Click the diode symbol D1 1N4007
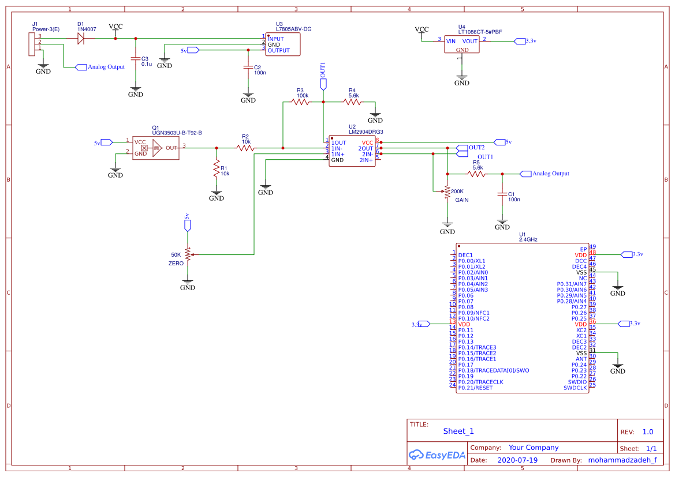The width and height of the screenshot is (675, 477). pos(81,39)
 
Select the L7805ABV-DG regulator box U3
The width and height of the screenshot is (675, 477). pos(283,44)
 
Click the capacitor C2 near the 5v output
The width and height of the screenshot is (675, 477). pos(248,67)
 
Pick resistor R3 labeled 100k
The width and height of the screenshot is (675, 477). pos(300,102)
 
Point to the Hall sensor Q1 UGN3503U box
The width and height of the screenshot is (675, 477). pos(155,148)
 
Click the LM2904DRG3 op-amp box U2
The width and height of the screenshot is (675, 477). pos(352,151)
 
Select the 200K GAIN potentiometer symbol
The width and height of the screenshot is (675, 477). pos(447,192)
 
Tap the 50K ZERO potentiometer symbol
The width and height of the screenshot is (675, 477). pos(188,254)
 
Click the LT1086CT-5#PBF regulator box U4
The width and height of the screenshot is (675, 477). pos(462,44)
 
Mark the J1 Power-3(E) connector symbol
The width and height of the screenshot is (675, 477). pos(31,44)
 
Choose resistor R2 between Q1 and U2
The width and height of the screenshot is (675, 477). pos(245,148)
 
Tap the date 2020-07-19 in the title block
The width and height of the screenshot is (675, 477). pos(517,460)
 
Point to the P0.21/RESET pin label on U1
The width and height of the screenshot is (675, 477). pos(475,388)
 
